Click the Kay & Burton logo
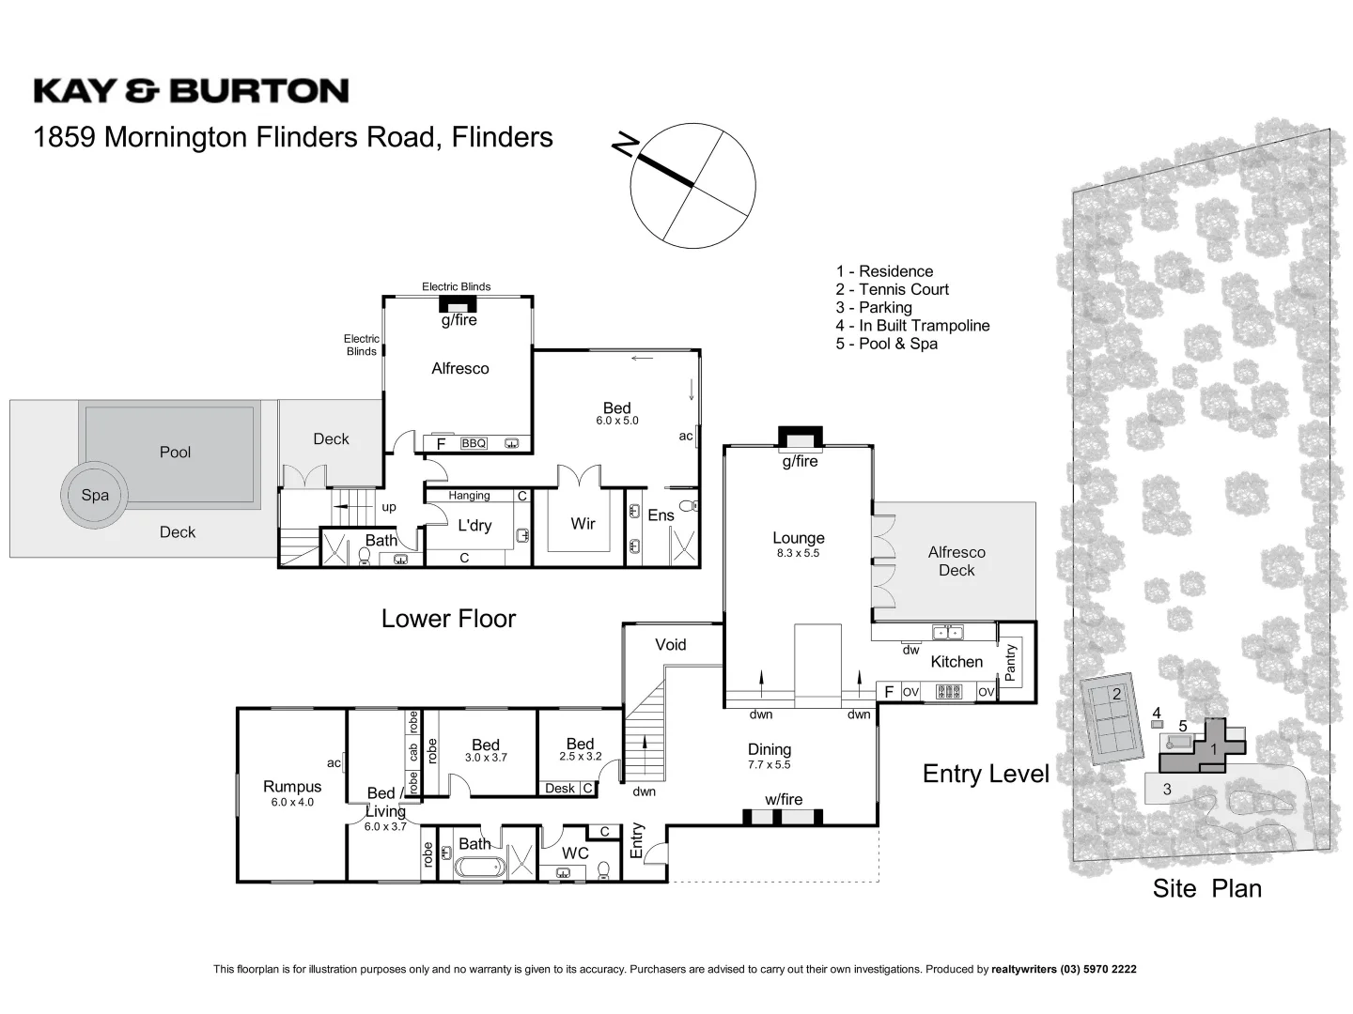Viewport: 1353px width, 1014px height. [191, 91]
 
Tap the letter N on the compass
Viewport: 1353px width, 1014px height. [625, 144]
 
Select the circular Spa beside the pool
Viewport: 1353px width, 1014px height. [94, 495]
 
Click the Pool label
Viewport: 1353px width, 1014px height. [175, 452]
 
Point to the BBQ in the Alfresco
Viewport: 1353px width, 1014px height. [474, 443]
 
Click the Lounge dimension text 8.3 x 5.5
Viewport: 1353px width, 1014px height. [798, 554]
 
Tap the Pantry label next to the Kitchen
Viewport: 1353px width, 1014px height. [1011, 662]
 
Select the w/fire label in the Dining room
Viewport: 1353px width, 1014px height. [783, 799]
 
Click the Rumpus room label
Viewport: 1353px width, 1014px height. [292, 787]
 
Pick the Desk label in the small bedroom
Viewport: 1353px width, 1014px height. [560, 789]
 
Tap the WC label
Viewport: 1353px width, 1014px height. [575, 853]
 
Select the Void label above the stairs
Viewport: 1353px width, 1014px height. [671, 644]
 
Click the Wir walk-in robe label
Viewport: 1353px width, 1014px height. [583, 524]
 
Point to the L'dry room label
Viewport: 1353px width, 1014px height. [474, 526]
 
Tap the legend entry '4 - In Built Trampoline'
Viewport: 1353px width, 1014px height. [912, 326]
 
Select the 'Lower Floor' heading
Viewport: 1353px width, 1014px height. [448, 619]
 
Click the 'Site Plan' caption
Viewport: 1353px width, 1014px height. [1206, 888]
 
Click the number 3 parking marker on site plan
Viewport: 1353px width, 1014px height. [1167, 790]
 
